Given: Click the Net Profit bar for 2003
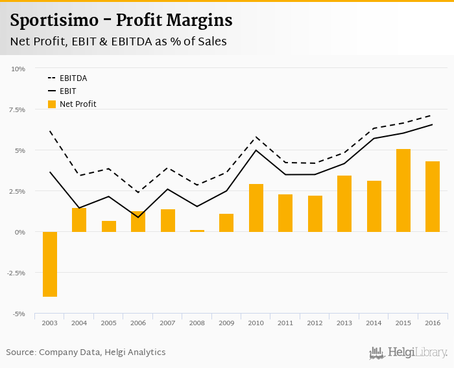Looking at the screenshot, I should pos(50,264).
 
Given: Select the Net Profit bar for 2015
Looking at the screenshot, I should pos(403,190).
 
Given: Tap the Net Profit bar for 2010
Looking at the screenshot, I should pos(256,208).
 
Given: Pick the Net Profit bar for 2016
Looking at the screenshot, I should pos(433,196).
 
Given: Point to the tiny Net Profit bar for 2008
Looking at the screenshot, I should pos(197,231).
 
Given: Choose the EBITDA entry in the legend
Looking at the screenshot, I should pos(73,78).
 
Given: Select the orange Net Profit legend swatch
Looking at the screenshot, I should pos(52,104).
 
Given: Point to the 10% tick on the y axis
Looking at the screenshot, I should pos(18,69).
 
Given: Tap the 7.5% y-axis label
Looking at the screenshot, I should pos(17,109).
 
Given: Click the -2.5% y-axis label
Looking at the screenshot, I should pos(16,273).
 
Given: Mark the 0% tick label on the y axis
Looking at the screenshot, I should pos(20,232).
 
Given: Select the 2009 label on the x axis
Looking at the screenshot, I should pos(226,323).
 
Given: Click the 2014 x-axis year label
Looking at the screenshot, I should pos(374,323).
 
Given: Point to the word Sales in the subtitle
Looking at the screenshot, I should pos(211,41).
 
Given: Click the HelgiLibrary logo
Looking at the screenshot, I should pos(409,352).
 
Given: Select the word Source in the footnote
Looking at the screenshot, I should pos(20,352).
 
